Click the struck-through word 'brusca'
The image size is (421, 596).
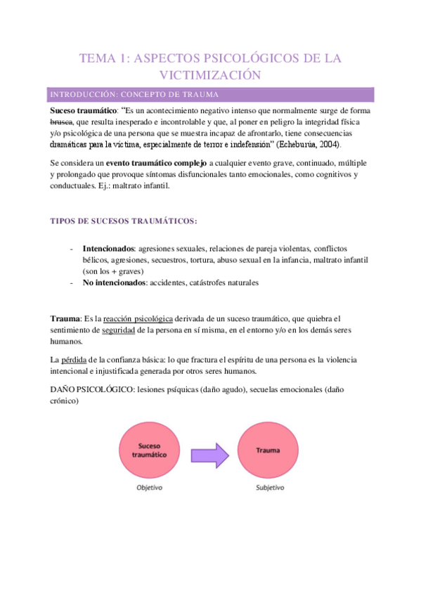point(63,122)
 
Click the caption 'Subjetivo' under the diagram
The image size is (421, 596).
point(266,487)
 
